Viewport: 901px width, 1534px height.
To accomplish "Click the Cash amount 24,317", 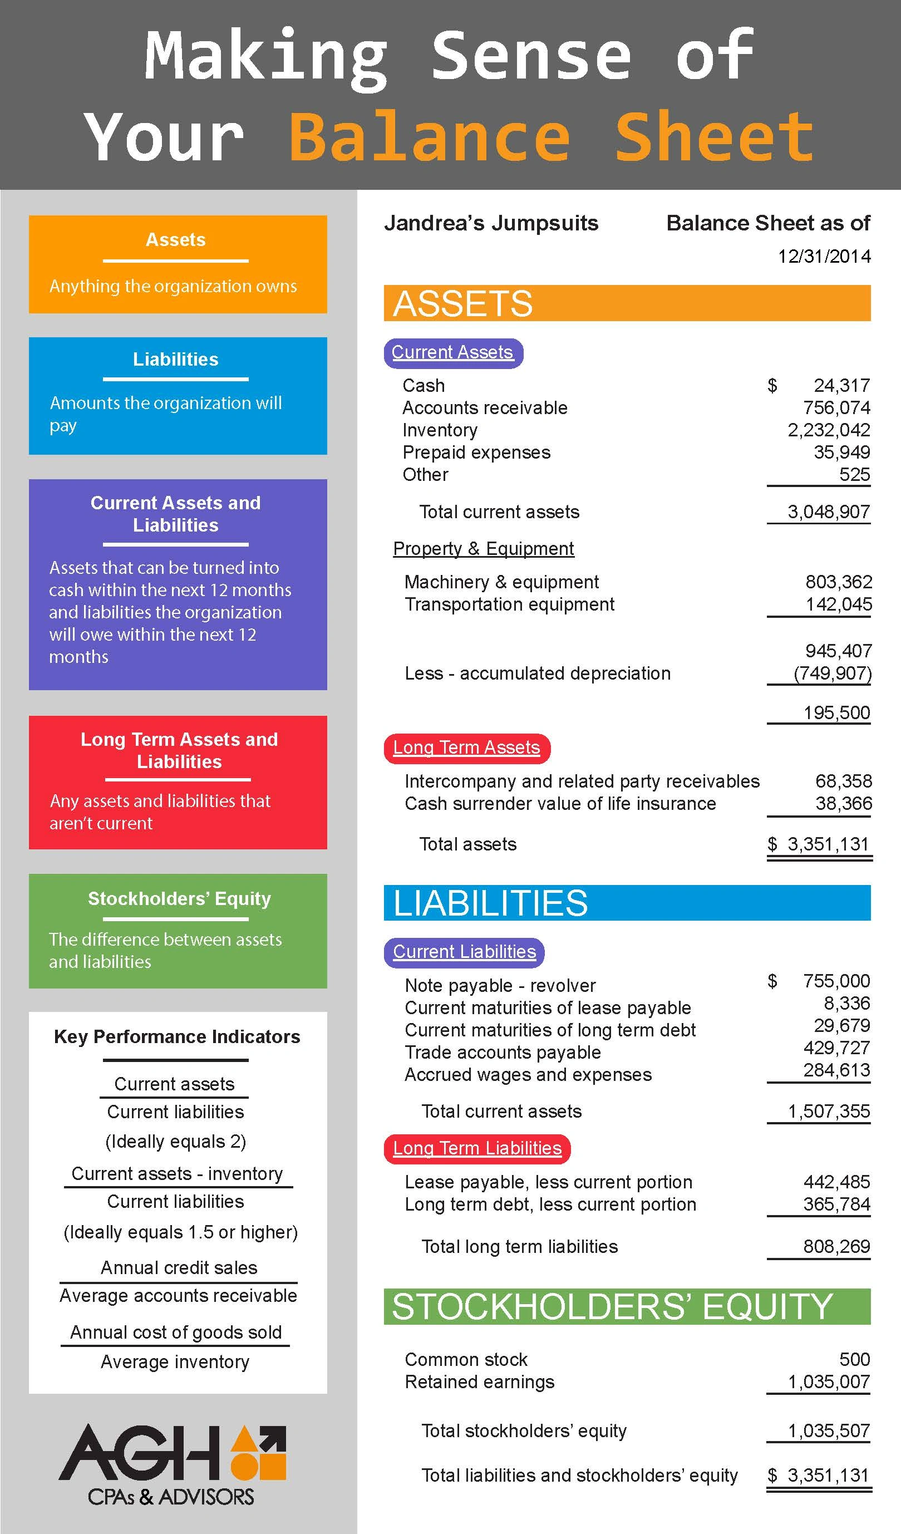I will (841, 385).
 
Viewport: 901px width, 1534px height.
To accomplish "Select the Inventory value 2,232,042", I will (829, 430).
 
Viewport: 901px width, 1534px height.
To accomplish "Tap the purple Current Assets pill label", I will (453, 352).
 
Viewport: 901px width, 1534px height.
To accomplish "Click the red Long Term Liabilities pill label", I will (477, 1148).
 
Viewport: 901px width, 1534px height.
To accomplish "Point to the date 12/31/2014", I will (824, 256).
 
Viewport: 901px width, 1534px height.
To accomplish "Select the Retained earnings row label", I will (479, 1382).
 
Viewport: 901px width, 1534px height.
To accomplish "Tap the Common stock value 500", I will (854, 1359).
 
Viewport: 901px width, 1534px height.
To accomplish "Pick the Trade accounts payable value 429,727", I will (836, 1048).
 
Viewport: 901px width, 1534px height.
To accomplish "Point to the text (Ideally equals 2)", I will (175, 1142).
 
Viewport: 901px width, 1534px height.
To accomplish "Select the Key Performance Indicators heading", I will (177, 1036).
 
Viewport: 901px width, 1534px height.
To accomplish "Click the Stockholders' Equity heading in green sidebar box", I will (179, 898).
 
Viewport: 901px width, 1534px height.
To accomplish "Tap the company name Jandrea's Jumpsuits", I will (491, 223).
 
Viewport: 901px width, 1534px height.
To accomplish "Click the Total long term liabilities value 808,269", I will (836, 1246).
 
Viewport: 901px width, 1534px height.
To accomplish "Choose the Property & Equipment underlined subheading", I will (484, 548).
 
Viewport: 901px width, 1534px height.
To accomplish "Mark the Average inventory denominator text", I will (175, 1361).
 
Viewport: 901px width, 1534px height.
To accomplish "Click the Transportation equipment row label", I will (509, 604).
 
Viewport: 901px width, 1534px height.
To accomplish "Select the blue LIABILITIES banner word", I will (490, 903).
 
